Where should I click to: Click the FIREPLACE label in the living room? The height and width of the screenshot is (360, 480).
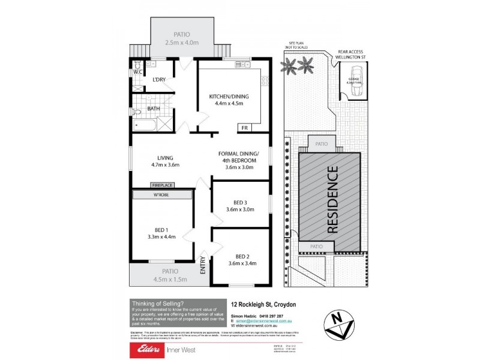[162, 185]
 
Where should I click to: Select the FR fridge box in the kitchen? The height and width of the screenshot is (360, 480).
[244, 127]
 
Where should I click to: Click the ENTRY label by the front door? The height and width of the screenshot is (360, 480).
[202, 265]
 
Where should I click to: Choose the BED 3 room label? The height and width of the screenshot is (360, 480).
[241, 202]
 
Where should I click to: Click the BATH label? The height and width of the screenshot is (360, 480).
[153, 108]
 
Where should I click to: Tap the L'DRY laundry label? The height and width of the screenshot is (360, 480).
[158, 80]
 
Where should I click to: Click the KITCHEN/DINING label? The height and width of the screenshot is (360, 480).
[229, 96]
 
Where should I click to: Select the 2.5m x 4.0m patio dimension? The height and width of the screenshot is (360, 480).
[182, 43]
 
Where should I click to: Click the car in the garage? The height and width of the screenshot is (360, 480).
[355, 88]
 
